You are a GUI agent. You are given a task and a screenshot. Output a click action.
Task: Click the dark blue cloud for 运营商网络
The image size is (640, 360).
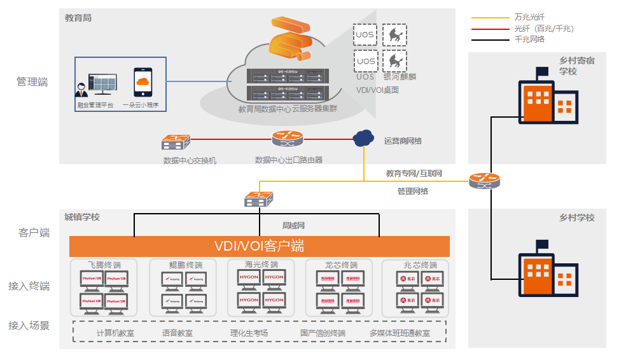(363, 138)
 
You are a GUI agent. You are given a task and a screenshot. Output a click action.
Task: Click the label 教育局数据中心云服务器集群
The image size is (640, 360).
(288, 109)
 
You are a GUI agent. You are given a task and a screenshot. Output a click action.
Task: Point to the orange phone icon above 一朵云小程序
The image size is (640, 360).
(143, 83)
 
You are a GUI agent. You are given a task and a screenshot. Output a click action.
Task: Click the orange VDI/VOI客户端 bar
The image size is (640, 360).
(260, 246)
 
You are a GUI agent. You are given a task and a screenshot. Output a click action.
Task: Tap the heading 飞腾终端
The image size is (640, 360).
(104, 265)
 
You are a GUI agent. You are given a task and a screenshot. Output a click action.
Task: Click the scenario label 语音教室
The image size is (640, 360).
(177, 333)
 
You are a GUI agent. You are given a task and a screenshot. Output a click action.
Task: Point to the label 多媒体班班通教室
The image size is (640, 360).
(400, 333)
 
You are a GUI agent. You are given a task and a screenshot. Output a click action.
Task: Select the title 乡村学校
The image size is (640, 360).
(577, 218)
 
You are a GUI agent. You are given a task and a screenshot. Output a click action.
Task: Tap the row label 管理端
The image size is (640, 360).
(32, 82)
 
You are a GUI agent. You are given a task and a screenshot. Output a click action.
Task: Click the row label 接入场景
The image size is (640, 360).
(29, 326)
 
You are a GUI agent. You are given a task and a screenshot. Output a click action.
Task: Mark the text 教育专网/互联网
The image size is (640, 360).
(414, 173)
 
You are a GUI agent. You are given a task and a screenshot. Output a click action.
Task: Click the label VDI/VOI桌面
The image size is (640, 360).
(378, 90)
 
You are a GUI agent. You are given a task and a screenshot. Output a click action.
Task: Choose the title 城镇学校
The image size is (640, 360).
(82, 217)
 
